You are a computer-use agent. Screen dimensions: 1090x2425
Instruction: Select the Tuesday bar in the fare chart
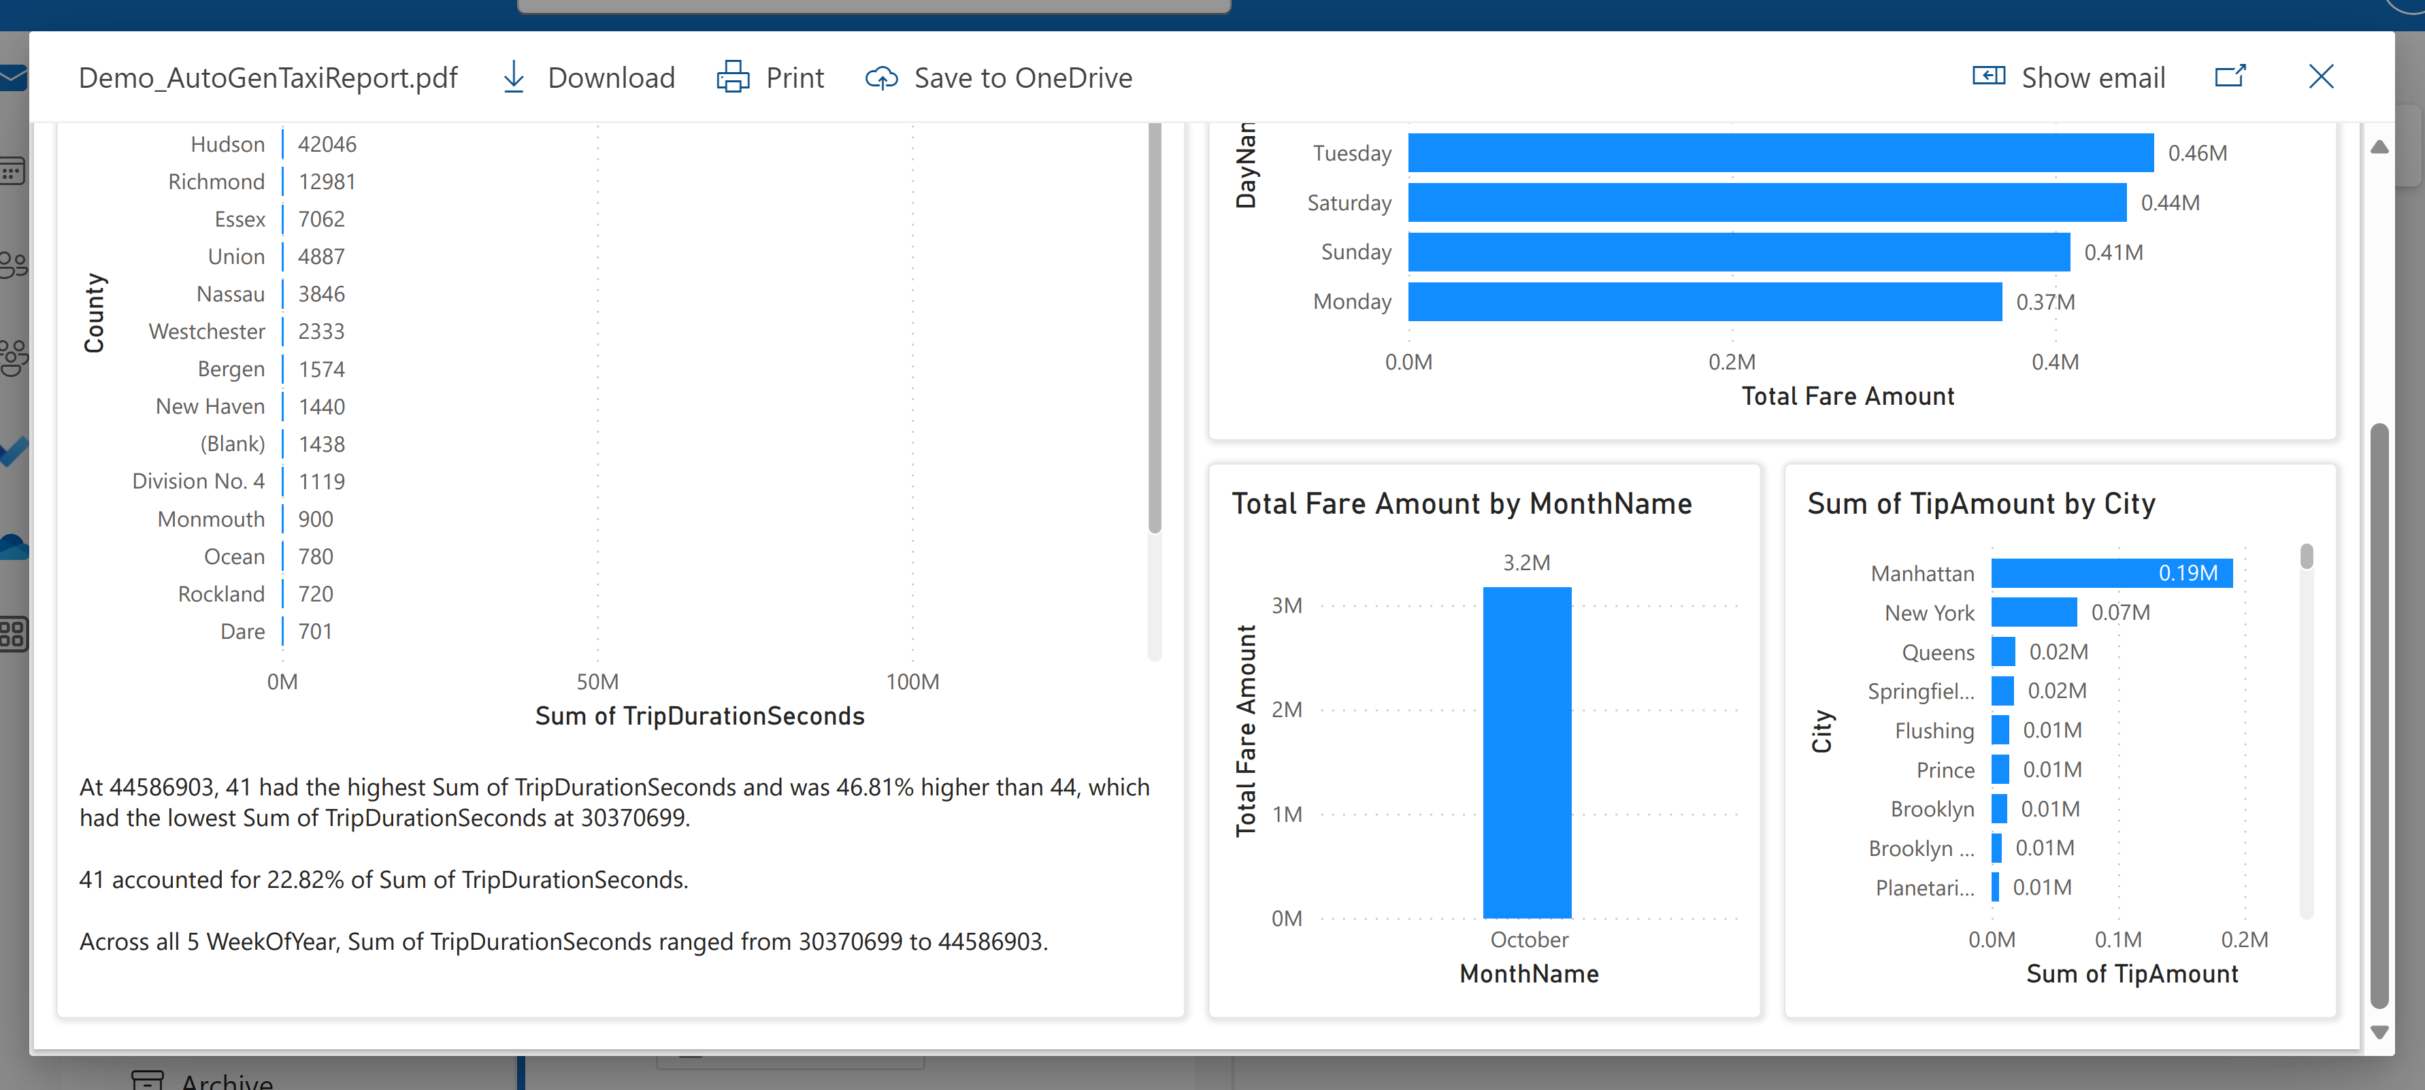click(x=1779, y=152)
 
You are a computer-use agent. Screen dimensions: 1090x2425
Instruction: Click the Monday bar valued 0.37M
click(x=1704, y=301)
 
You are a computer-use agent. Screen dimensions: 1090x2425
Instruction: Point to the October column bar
click(x=1526, y=753)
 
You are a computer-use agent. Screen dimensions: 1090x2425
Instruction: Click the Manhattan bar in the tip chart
click(x=2111, y=574)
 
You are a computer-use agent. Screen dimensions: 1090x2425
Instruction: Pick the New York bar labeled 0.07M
click(x=2032, y=613)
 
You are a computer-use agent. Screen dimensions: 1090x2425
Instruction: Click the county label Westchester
click(x=207, y=331)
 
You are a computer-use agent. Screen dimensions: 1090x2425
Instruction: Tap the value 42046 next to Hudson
click(x=327, y=144)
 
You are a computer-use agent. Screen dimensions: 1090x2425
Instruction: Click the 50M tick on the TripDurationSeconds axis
click(x=597, y=682)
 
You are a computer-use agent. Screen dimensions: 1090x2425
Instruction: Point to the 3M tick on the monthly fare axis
click(x=1286, y=606)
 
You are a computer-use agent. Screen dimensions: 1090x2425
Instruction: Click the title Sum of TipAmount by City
click(x=1981, y=503)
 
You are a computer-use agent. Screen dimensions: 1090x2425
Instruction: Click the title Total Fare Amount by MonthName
click(x=1461, y=503)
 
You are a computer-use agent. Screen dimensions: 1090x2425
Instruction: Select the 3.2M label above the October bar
click(x=1526, y=563)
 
